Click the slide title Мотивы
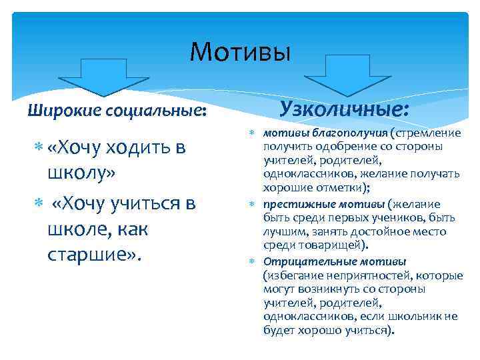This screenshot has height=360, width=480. click(240, 51)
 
